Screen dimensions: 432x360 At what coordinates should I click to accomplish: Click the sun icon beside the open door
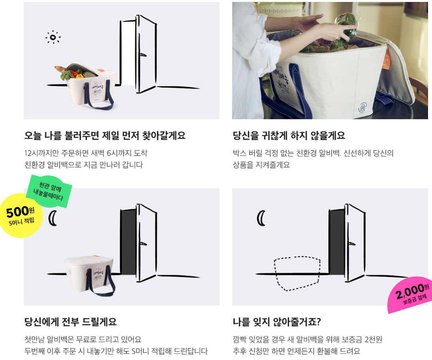[53, 37]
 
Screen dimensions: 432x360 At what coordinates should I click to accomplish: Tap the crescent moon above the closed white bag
[53, 218]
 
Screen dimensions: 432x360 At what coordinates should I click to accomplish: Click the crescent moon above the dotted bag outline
[261, 218]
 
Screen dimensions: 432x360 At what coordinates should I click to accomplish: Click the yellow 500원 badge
[21, 216]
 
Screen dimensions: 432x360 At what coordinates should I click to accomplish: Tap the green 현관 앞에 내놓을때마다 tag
[49, 191]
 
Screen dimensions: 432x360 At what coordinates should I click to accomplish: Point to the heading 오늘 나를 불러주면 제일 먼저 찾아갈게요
[105, 135]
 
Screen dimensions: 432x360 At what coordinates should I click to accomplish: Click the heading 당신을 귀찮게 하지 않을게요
[289, 135]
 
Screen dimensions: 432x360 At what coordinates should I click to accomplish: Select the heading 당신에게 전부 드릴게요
[71, 322]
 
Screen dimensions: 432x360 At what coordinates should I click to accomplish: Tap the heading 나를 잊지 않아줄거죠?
[277, 322]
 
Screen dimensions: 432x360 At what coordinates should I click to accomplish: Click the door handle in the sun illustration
[143, 55]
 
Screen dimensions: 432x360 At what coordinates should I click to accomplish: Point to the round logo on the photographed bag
[363, 107]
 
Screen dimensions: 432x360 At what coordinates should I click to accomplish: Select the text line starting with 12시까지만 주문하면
[86, 153]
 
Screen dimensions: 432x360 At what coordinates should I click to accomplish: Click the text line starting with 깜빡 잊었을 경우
[308, 339]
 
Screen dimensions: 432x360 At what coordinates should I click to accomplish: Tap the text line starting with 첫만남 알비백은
[83, 339]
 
